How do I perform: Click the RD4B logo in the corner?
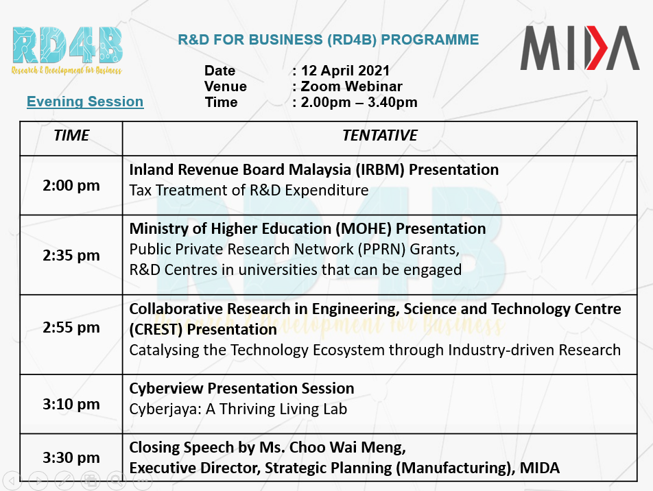click(67, 51)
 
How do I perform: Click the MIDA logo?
click(580, 47)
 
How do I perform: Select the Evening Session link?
click(85, 101)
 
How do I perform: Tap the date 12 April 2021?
click(345, 71)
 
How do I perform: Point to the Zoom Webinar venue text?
click(351, 86)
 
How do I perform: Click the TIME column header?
click(71, 135)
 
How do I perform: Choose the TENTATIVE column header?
click(380, 135)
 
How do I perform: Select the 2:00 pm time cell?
click(71, 185)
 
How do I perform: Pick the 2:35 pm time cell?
click(71, 255)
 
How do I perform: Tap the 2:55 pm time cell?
click(71, 327)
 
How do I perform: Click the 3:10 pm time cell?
click(71, 404)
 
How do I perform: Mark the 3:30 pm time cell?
click(71, 457)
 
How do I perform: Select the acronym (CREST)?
click(156, 330)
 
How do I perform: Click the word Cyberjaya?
click(165, 409)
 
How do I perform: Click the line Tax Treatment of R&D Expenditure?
click(248, 191)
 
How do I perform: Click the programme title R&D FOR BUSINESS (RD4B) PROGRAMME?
click(328, 40)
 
